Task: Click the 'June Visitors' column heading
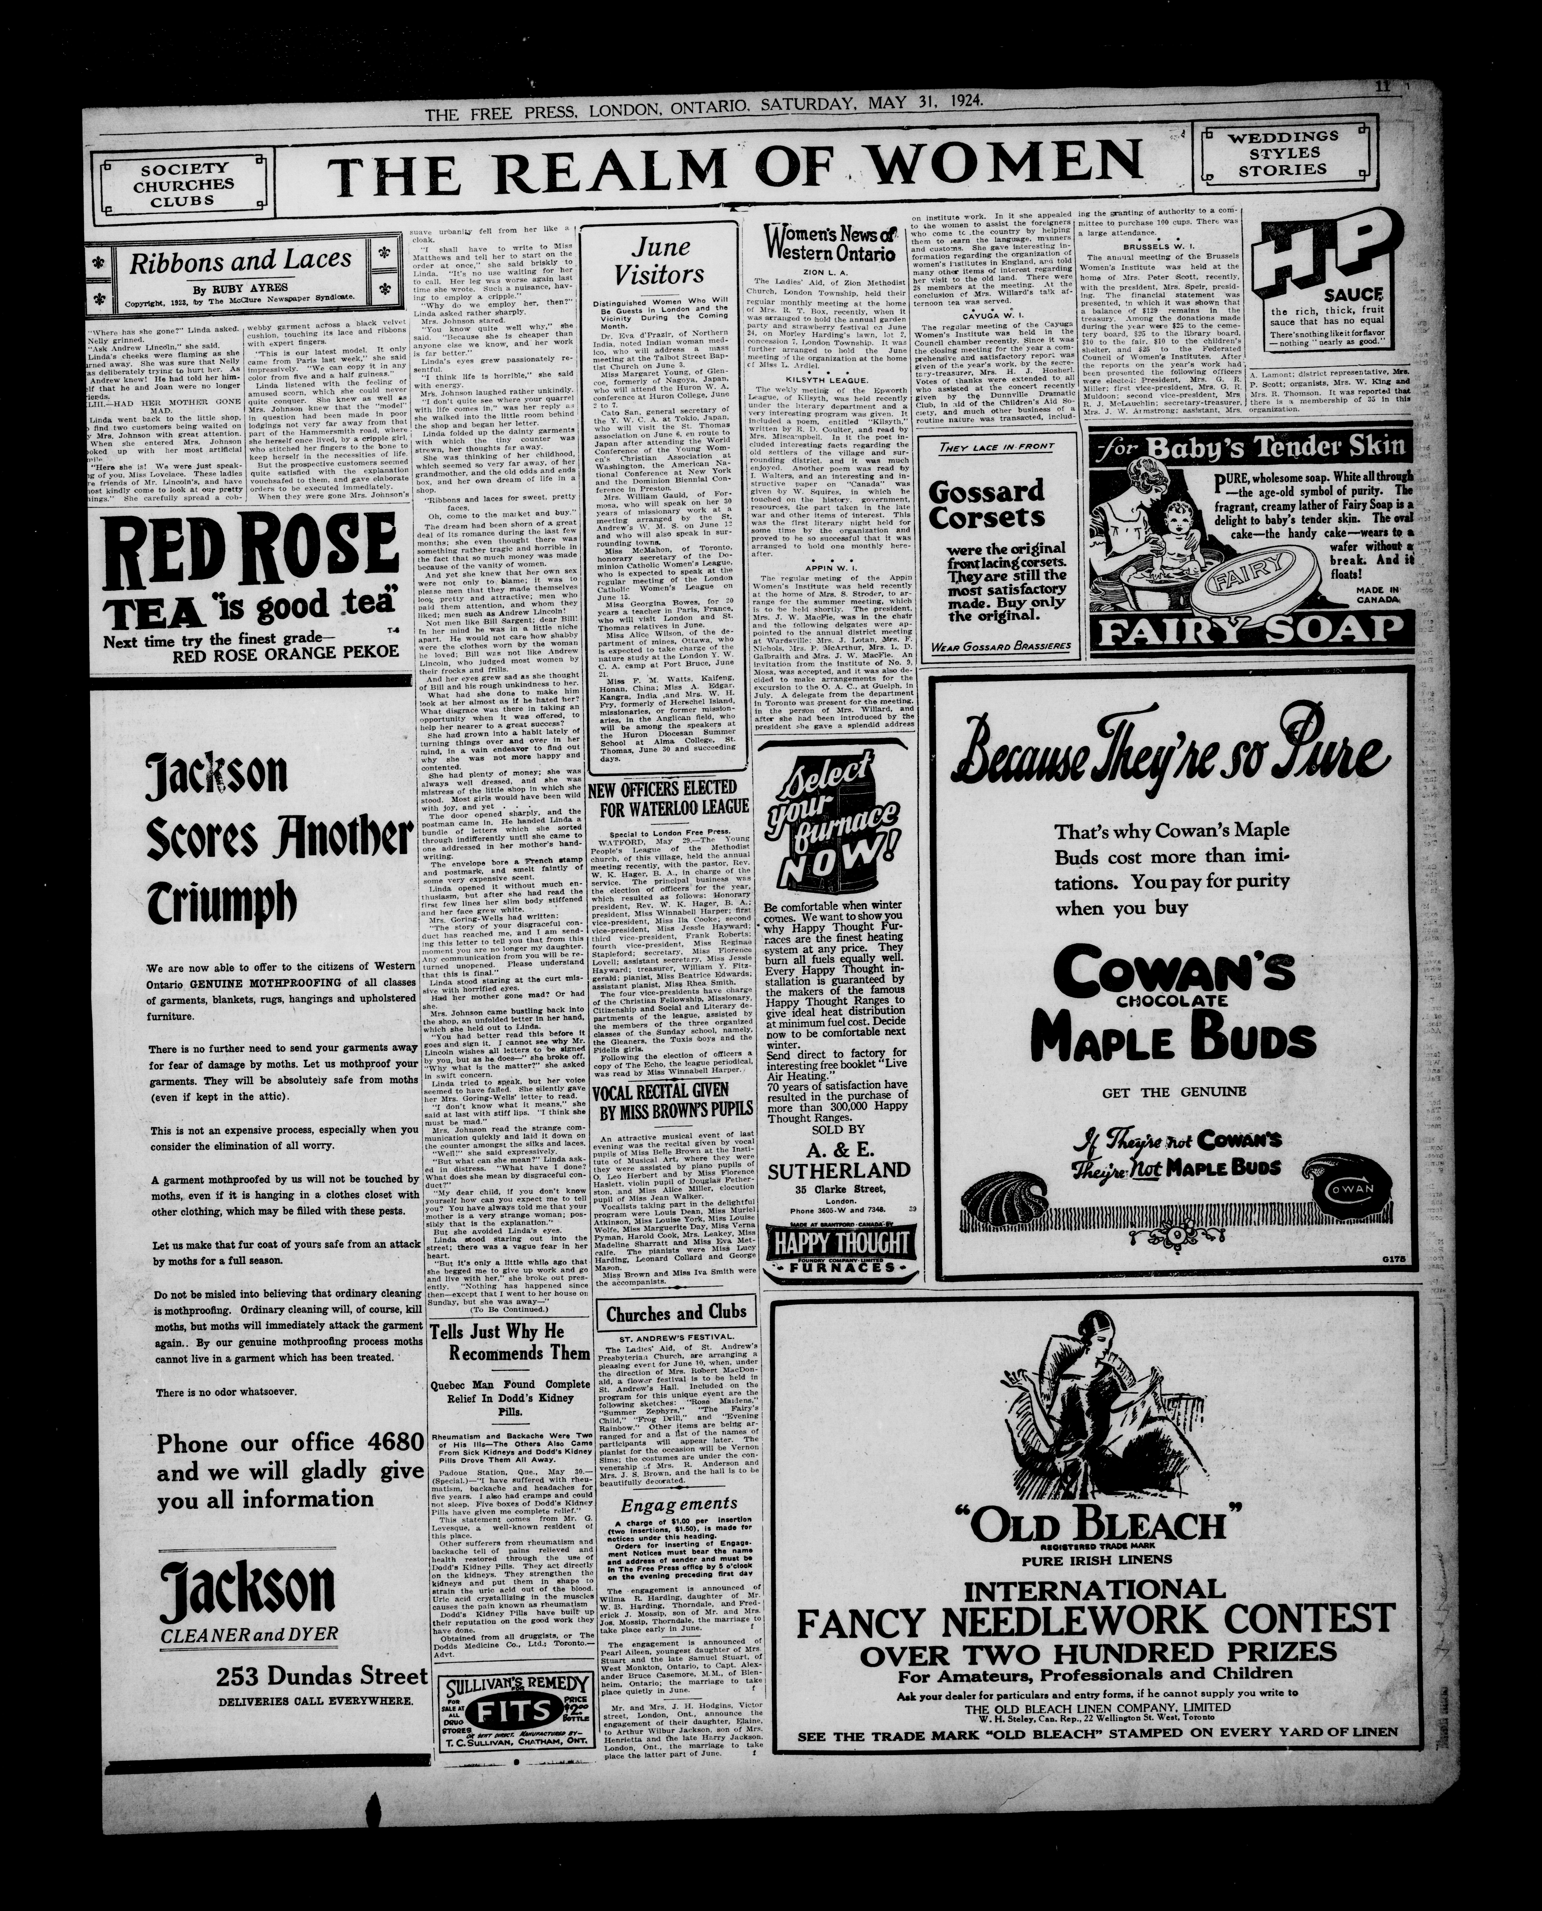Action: (x=659, y=260)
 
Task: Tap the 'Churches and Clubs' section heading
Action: (x=677, y=1313)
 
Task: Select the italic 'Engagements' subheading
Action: (x=679, y=1504)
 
